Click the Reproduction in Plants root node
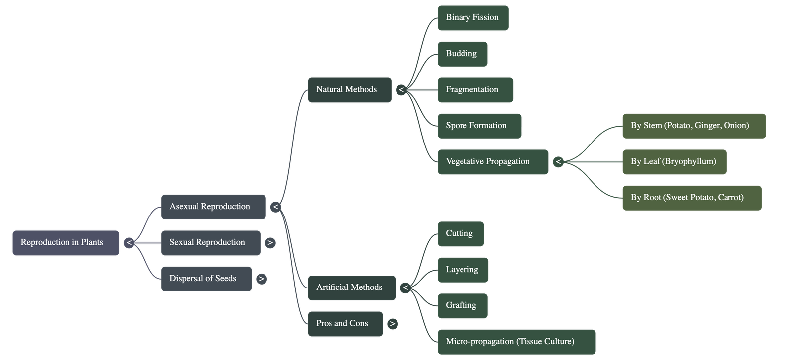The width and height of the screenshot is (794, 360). [66, 243]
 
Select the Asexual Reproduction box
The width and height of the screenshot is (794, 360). [213, 207]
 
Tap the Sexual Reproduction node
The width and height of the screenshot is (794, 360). [210, 243]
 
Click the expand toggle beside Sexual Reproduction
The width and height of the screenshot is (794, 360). [270, 243]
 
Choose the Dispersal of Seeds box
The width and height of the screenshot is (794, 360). [206, 279]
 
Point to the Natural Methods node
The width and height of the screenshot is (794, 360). [349, 90]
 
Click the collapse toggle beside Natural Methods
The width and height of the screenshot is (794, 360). [401, 90]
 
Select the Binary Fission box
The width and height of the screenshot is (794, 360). [472, 18]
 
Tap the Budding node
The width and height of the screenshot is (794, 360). [462, 54]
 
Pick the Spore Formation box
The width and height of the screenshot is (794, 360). [479, 126]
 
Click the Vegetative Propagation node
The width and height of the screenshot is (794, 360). [493, 162]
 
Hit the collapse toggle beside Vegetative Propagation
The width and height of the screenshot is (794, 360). [558, 162]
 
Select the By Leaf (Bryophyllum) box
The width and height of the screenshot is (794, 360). [674, 162]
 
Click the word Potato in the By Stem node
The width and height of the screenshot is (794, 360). [678, 126]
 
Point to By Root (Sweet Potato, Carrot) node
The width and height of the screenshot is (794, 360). [692, 198]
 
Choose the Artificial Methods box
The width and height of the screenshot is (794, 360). [351, 288]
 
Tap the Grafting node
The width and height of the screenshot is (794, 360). [462, 306]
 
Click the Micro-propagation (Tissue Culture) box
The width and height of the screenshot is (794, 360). [516, 342]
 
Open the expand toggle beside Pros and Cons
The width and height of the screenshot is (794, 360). [392, 324]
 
